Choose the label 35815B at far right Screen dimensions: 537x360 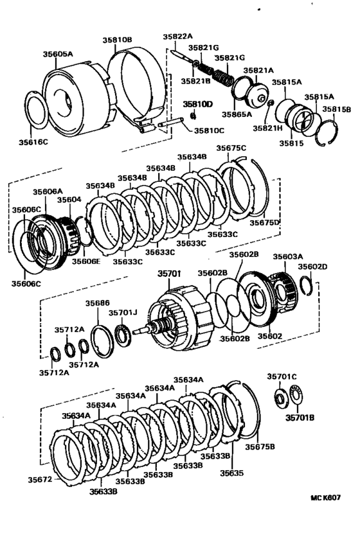[x=336, y=109]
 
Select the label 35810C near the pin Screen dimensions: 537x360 [x=209, y=130]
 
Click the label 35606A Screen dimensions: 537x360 [x=48, y=191]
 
